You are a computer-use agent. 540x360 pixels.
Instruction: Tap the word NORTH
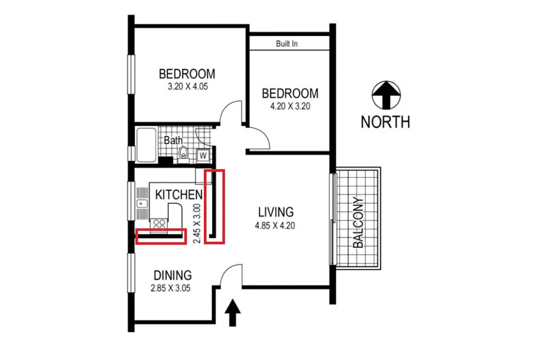click(385, 122)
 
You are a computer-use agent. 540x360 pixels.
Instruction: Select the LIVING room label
click(275, 212)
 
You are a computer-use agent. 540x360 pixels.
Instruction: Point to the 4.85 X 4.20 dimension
click(275, 226)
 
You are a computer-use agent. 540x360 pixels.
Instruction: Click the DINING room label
click(172, 275)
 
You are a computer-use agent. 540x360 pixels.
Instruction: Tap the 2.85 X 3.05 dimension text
click(171, 288)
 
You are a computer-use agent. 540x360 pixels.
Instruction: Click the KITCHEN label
click(179, 194)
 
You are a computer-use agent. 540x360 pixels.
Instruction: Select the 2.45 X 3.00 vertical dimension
click(198, 223)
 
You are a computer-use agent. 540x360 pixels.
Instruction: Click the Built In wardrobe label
click(287, 44)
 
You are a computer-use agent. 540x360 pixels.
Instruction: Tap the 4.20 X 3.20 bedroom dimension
click(290, 106)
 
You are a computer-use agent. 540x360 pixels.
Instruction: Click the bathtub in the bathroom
click(146, 145)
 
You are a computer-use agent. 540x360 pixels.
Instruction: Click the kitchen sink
click(143, 204)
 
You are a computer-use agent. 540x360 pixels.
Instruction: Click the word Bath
click(173, 140)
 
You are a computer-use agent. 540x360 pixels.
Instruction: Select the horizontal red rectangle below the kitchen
click(161, 236)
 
